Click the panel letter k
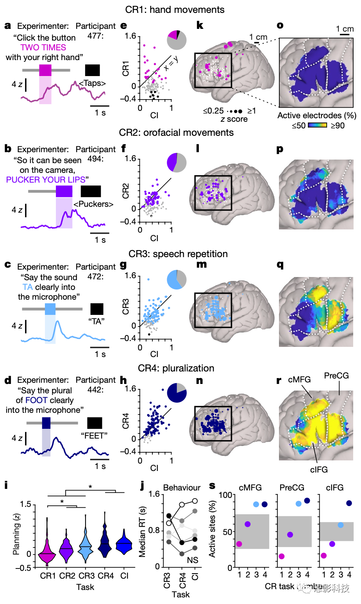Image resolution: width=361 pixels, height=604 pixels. (200, 26)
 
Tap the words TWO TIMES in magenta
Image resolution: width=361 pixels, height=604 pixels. (43, 48)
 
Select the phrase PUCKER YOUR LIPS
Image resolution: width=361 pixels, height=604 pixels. (46, 180)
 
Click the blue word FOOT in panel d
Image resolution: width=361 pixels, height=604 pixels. (36, 400)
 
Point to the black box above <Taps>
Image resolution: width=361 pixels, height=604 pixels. (93, 70)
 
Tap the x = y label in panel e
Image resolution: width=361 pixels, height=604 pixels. (171, 63)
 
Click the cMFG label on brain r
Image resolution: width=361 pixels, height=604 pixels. (299, 380)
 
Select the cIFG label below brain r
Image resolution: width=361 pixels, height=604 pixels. (319, 470)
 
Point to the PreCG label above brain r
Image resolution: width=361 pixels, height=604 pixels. (336, 376)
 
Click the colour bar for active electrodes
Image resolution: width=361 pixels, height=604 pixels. (317, 126)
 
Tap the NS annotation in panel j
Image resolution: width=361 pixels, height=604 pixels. (193, 560)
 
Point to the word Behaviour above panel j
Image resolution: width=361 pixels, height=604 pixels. (182, 488)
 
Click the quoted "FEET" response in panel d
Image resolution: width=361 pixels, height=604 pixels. (94, 435)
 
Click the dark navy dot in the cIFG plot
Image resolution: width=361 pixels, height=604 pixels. (349, 503)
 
